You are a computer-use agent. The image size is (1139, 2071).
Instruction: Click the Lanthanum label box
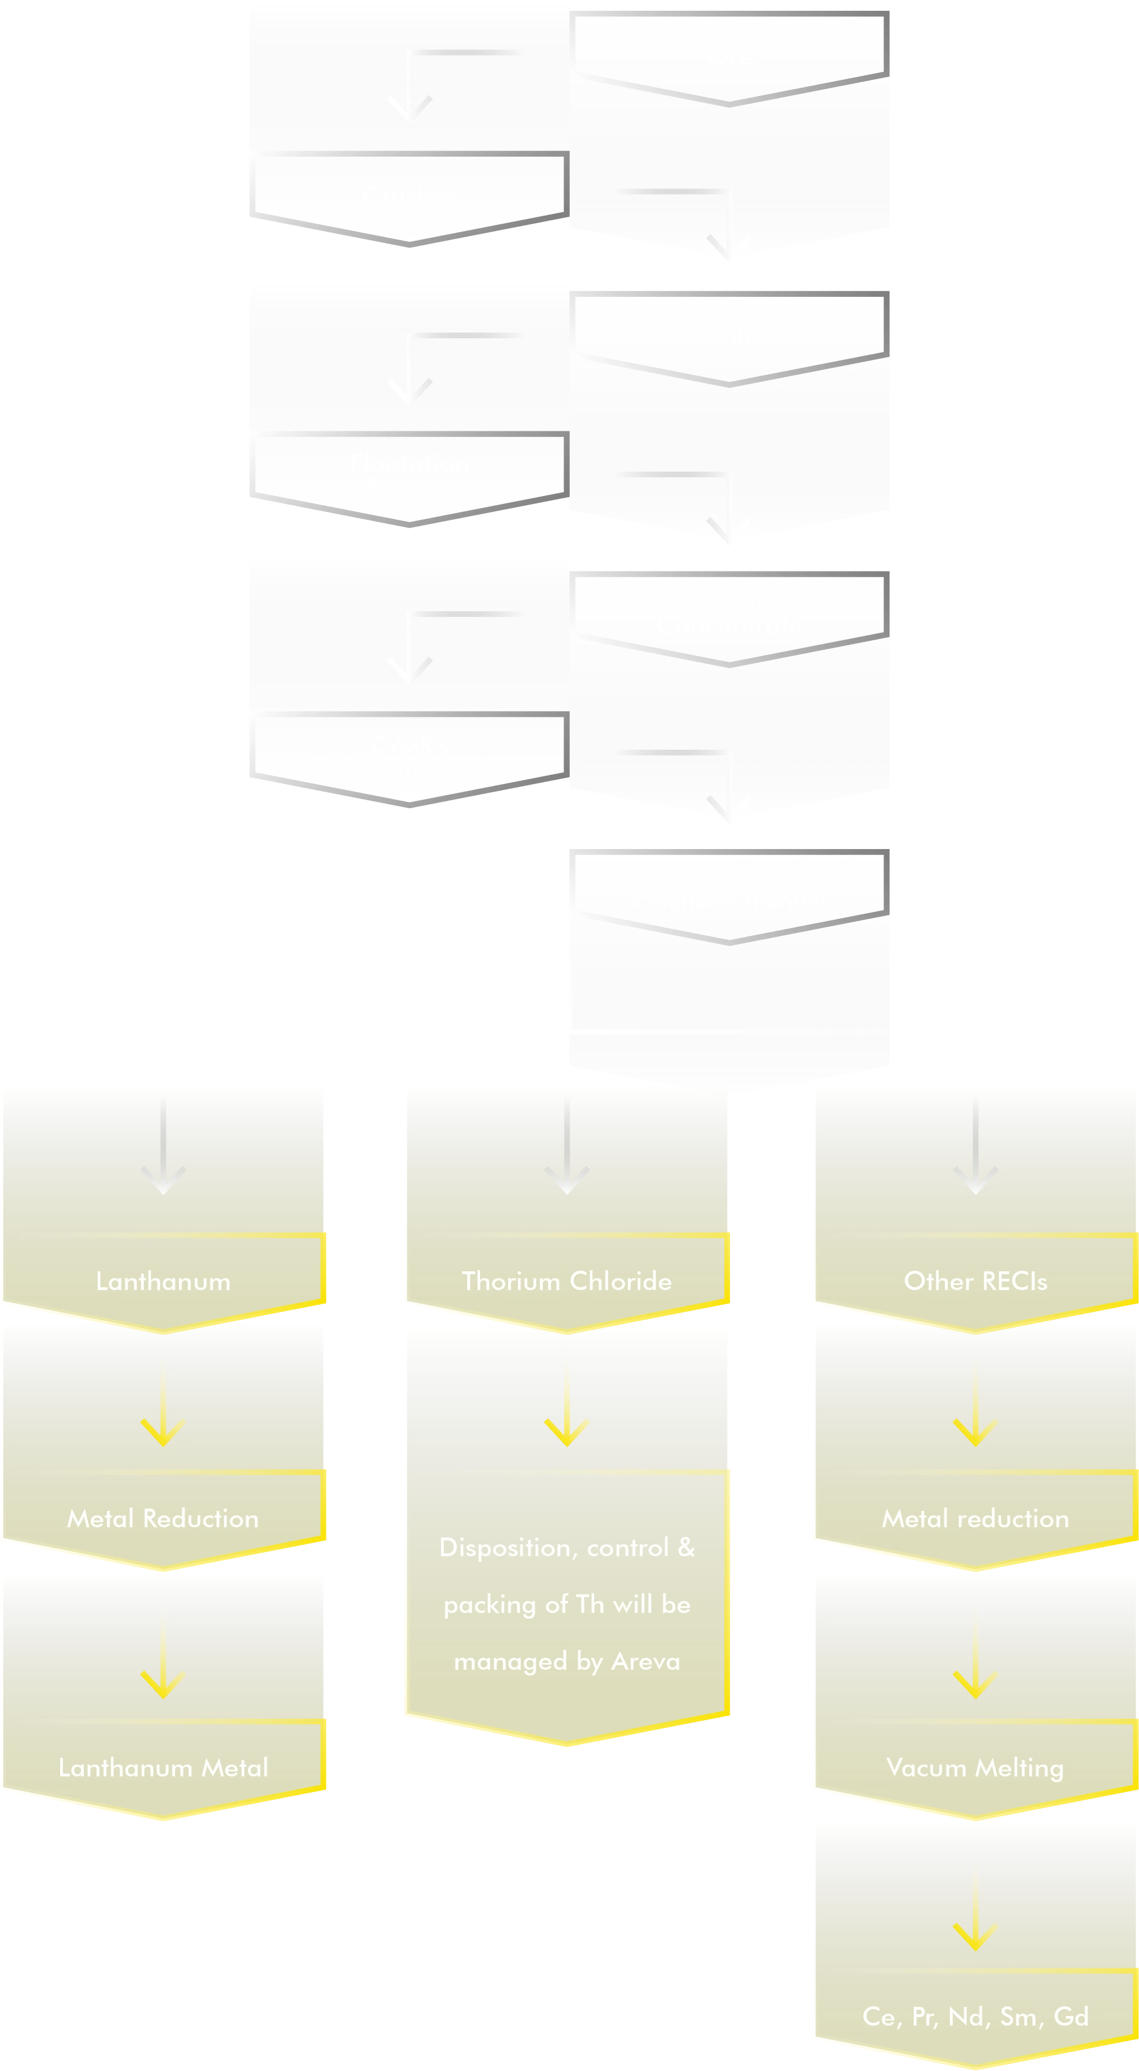click(x=163, y=1282)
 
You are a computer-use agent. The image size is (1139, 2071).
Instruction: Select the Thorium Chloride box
click(x=567, y=1282)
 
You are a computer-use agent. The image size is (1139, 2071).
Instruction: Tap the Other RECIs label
click(x=975, y=1282)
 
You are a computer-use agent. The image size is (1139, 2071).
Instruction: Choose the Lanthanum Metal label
click(x=163, y=1768)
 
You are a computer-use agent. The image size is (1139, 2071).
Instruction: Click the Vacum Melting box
click(x=975, y=1768)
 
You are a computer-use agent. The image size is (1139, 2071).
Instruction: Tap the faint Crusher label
click(x=409, y=197)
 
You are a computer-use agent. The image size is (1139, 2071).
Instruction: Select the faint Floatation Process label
click(x=409, y=474)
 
